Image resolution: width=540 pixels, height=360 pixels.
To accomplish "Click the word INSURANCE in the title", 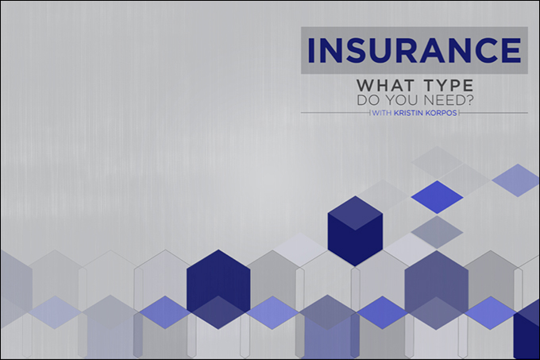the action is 415,50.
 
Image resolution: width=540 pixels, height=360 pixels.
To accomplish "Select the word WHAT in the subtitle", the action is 385,85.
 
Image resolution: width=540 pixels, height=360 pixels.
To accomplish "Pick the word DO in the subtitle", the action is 368,100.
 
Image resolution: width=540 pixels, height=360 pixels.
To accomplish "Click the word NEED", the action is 443,100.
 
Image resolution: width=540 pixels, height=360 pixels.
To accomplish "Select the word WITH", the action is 382,113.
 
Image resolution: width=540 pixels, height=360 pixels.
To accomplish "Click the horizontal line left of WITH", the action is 335,113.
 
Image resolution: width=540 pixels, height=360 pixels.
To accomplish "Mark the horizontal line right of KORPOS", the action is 494,113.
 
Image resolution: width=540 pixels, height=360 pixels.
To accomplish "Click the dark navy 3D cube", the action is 355,230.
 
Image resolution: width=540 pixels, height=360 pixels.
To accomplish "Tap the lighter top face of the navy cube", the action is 355,213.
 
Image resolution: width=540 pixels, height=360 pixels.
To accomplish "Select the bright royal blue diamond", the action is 437,197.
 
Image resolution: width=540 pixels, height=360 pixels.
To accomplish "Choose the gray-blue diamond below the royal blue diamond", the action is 437,232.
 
